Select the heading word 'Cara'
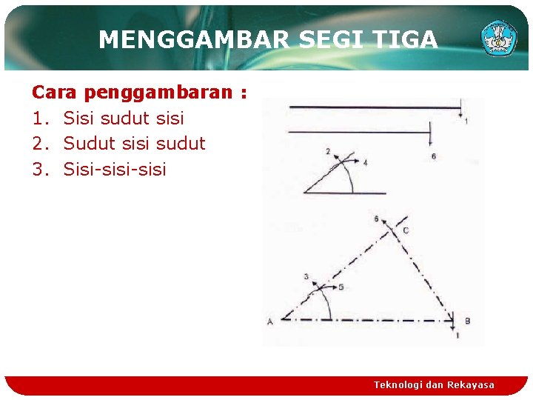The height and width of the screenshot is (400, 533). pyautogui.click(x=55, y=93)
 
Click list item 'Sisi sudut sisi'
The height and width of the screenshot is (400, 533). pyautogui.click(x=124, y=119)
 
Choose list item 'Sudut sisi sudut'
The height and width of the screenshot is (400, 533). pyautogui.click(x=134, y=144)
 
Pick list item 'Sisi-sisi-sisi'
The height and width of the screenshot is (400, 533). pyautogui.click(x=115, y=170)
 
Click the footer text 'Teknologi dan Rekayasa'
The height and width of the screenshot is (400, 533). pyautogui.click(x=434, y=384)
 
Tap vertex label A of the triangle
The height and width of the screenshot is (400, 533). pyautogui.click(x=269, y=321)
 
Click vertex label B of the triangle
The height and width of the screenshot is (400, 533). pyautogui.click(x=467, y=321)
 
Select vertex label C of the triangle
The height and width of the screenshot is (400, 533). pyautogui.click(x=405, y=230)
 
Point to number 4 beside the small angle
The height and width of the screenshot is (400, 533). pyautogui.click(x=365, y=162)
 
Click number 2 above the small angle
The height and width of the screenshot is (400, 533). pyautogui.click(x=328, y=151)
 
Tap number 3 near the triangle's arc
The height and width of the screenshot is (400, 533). pyautogui.click(x=306, y=276)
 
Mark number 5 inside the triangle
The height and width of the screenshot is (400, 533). pyautogui.click(x=341, y=287)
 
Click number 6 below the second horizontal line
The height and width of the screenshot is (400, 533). pyautogui.click(x=433, y=156)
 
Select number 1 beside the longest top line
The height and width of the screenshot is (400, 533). pyautogui.click(x=466, y=120)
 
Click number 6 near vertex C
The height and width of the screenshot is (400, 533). pyautogui.click(x=377, y=219)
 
